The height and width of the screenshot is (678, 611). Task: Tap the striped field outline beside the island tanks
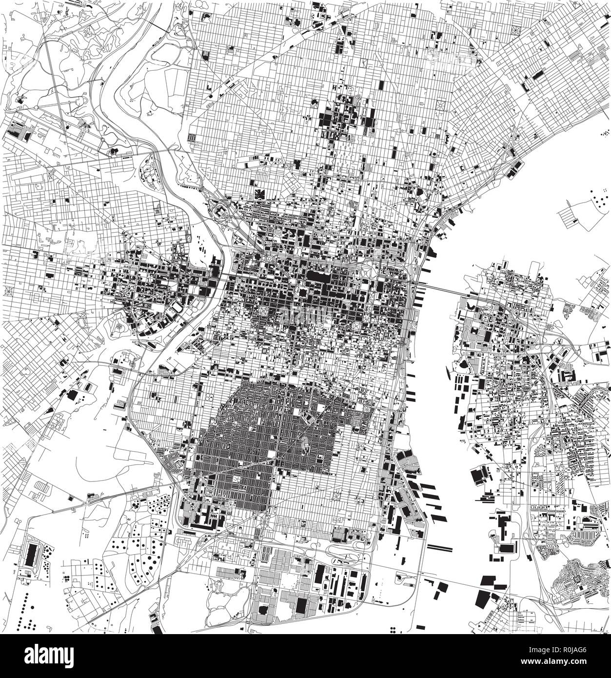568,215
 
